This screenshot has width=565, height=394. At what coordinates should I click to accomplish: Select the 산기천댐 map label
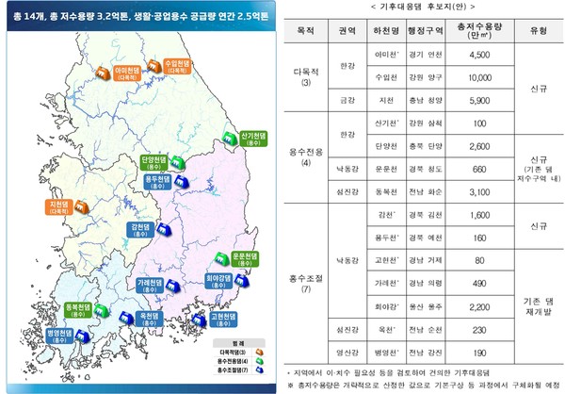(x=253, y=136)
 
